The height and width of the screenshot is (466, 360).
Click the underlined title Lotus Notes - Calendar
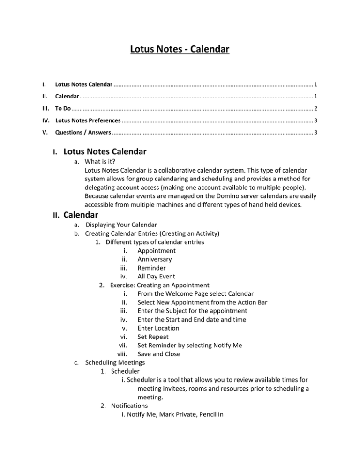pyautogui.click(x=180, y=48)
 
